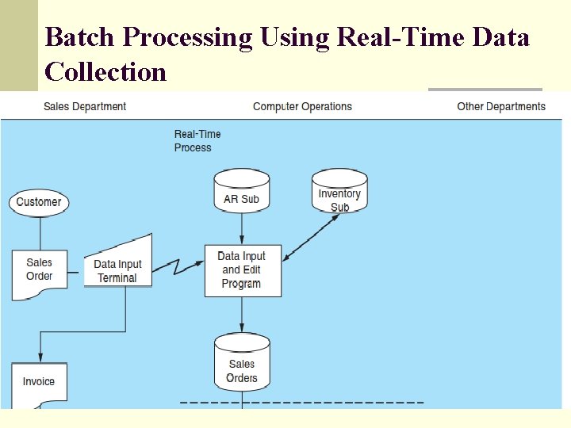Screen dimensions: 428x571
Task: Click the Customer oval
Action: (x=38, y=201)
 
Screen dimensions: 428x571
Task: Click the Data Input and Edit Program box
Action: (x=242, y=270)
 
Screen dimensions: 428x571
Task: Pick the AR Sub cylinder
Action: (x=241, y=193)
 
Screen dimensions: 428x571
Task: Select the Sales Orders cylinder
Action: (x=242, y=363)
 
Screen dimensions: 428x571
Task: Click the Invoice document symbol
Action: (x=39, y=384)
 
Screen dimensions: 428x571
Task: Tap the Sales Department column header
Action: (x=85, y=106)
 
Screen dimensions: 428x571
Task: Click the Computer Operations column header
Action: (x=302, y=106)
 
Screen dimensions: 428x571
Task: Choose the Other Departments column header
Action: (x=501, y=106)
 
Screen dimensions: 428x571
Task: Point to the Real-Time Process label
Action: (x=197, y=140)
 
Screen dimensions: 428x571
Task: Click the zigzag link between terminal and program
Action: (x=178, y=266)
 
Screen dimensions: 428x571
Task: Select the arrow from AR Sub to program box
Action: (x=242, y=229)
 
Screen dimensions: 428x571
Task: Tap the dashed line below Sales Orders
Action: (x=301, y=403)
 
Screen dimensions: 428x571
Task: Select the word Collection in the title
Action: (x=105, y=72)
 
